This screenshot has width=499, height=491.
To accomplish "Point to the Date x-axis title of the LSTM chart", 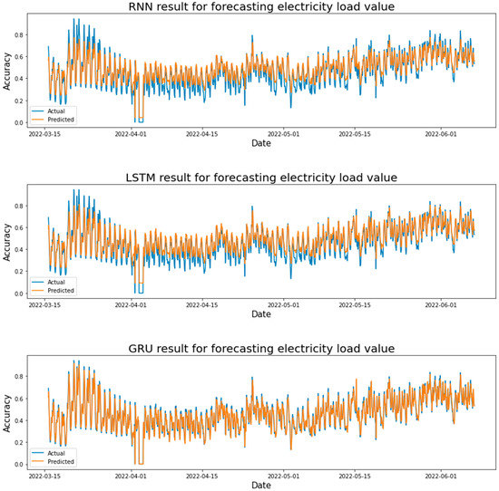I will pos(260,314).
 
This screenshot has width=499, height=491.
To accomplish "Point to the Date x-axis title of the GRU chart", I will pos(260,485).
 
